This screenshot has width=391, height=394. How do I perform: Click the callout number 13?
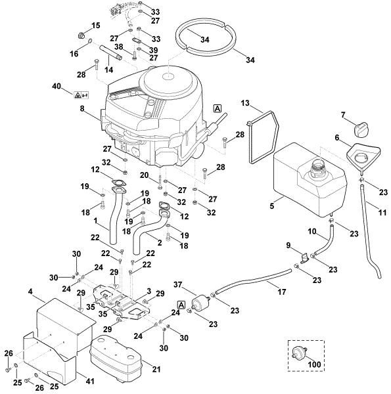[x=244, y=103]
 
